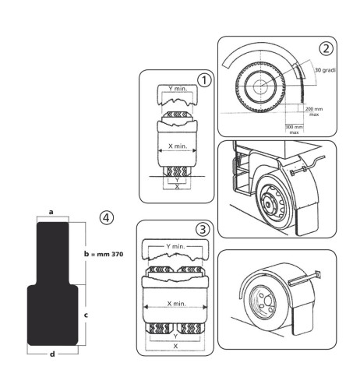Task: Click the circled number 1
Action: coord(204,80)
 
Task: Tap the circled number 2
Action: coord(326,49)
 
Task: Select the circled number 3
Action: coord(203,230)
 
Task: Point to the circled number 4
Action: coord(107,218)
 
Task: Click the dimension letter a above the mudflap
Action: coord(51,212)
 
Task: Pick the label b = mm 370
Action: coord(104,254)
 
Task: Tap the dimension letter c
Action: coord(86,315)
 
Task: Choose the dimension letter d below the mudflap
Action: coord(52,354)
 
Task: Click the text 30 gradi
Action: coord(325,70)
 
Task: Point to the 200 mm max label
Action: coord(314,111)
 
